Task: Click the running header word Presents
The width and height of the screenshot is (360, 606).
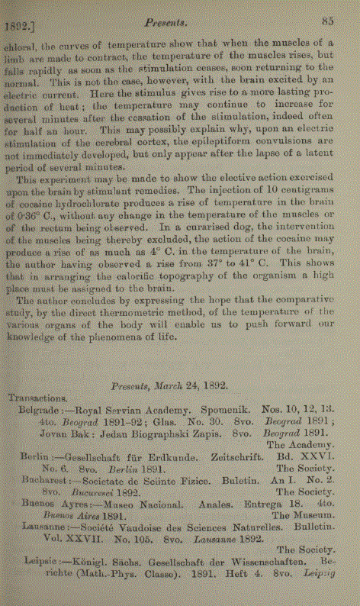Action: pos(181,24)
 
